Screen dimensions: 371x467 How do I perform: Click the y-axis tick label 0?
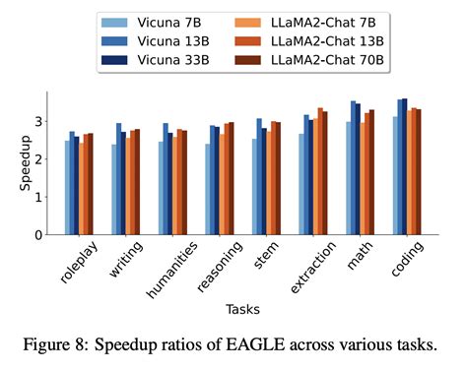(37, 235)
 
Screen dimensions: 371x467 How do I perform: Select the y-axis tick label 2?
(37, 159)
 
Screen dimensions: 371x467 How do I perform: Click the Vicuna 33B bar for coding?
(404, 166)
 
